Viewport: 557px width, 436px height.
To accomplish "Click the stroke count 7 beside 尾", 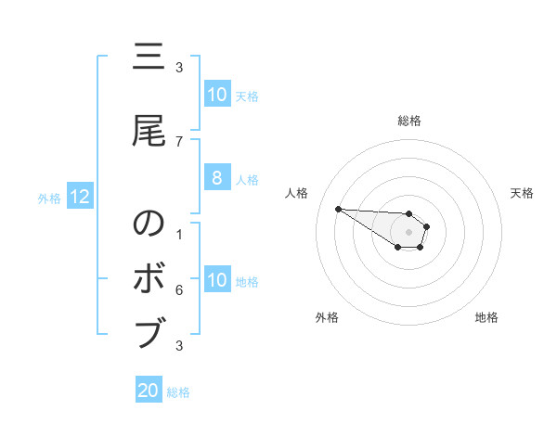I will (178, 141).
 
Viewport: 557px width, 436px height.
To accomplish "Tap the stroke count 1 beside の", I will (178, 235).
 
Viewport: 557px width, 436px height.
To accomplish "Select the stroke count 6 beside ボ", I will (178, 289).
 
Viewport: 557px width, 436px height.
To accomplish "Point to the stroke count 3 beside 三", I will (178, 67).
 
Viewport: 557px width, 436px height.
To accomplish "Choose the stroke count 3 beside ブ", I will (178, 346).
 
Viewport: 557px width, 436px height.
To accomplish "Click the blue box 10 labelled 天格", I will (216, 95).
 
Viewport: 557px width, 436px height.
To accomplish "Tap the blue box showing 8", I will (216, 179).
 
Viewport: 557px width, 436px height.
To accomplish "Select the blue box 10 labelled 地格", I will (216, 281).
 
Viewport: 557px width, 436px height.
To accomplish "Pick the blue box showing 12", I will (79, 197).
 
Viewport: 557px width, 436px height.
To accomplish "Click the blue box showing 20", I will (149, 391).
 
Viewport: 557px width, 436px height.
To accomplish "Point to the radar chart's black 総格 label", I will (409, 121).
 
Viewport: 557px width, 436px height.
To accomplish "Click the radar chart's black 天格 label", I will (522, 193).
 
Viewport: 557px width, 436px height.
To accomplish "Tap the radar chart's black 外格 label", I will (327, 317).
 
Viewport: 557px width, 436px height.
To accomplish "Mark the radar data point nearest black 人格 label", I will (338, 209).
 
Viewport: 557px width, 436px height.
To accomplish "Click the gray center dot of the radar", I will (409, 232).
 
